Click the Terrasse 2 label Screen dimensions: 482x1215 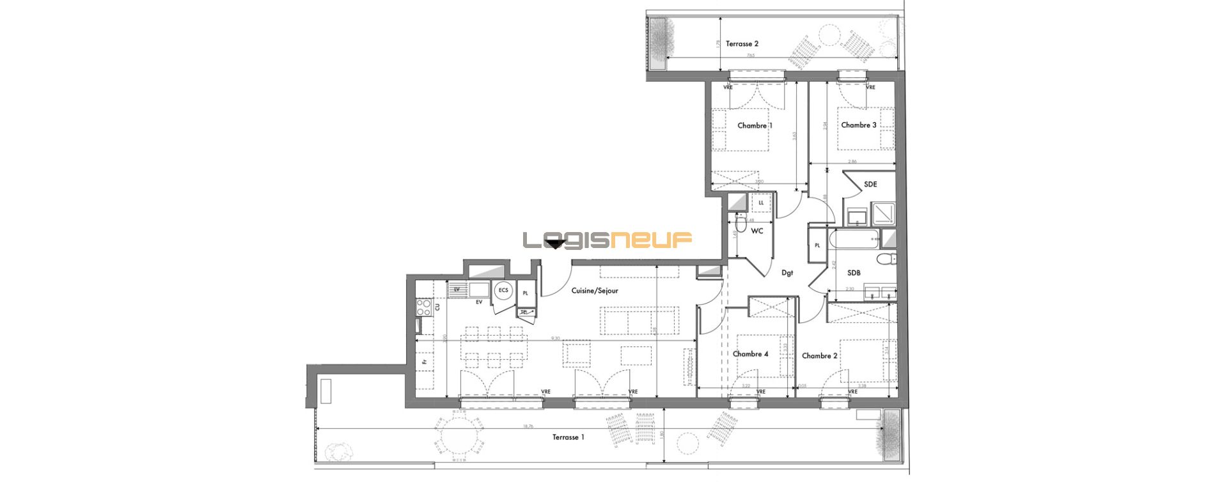coord(742,44)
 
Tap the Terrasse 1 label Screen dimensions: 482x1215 coord(568,437)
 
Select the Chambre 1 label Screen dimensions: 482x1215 coord(755,125)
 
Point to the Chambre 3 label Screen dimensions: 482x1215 coord(858,125)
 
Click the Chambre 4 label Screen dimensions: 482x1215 coord(750,354)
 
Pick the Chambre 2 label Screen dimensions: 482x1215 coord(819,356)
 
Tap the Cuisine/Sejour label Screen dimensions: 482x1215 coord(595,291)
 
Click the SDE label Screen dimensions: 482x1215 coord(870,184)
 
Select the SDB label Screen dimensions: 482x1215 coord(854,273)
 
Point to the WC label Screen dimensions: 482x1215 coord(757,231)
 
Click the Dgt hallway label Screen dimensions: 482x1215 coord(787,273)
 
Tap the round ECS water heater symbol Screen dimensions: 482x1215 coord(503,291)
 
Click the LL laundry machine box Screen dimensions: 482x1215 coord(761,203)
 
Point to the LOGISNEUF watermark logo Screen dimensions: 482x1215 coord(607,240)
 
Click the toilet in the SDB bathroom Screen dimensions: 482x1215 coord(886,259)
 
